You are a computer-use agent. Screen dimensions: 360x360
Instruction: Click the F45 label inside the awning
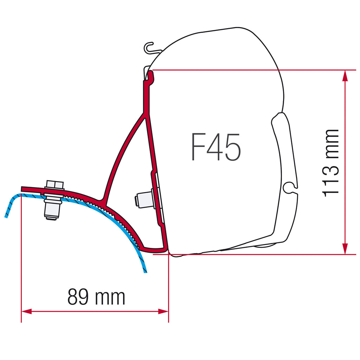216,147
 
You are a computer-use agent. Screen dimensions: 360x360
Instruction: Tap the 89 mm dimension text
96,297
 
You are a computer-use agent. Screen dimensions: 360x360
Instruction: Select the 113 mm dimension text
330,163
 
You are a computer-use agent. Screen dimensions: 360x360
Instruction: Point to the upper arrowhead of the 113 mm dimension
345,76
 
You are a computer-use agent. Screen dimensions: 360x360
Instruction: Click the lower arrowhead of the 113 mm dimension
345,249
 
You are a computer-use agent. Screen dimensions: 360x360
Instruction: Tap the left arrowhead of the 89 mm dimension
27,311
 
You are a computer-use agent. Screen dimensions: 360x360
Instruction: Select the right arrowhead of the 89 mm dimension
163,311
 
